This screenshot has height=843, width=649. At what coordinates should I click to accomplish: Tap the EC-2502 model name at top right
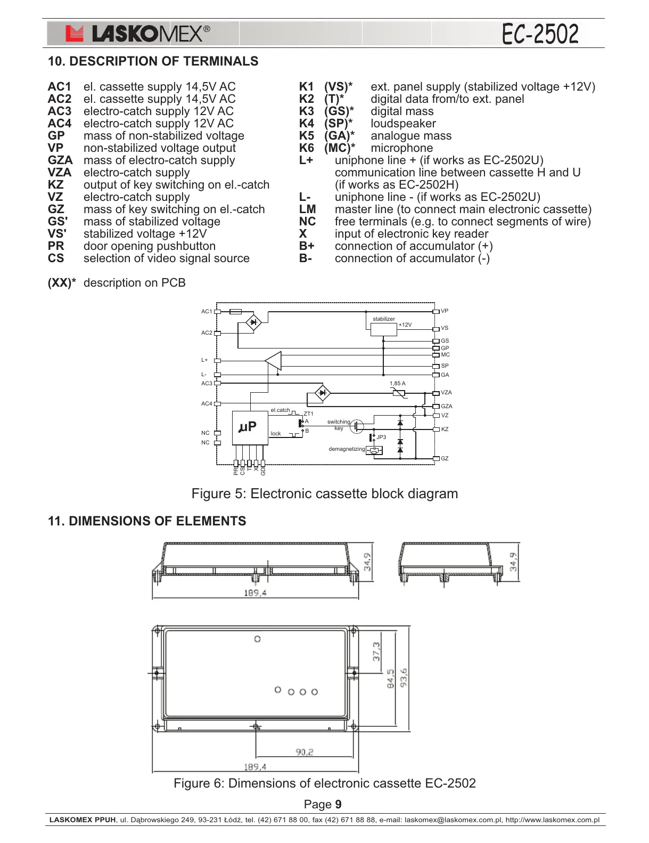(x=540, y=34)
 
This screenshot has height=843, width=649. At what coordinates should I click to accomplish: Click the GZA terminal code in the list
(x=60, y=160)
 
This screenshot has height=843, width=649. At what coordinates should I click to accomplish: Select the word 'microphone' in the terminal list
(x=401, y=148)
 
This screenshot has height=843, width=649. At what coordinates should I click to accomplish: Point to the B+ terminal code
(x=307, y=246)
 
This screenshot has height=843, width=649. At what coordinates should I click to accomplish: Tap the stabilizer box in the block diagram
(x=383, y=329)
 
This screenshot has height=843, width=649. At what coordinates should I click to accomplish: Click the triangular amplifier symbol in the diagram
(x=274, y=361)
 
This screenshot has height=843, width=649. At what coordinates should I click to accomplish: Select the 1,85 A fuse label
(x=397, y=384)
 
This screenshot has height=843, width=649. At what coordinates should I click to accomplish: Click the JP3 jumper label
(x=381, y=437)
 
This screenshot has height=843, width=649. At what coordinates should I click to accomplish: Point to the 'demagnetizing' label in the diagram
(x=347, y=449)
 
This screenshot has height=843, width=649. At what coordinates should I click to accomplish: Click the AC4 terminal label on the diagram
(x=207, y=404)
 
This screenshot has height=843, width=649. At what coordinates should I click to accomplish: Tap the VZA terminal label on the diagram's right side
(x=446, y=393)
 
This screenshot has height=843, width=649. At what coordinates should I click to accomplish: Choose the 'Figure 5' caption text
(x=324, y=493)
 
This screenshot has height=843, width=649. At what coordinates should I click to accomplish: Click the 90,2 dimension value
(x=305, y=752)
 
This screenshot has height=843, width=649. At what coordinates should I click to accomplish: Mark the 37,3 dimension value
(x=376, y=651)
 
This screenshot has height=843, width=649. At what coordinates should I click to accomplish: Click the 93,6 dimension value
(x=404, y=678)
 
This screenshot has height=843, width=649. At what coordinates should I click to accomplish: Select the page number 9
(x=338, y=804)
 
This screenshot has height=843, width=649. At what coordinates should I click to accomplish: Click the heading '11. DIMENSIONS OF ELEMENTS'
(x=147, y=521)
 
